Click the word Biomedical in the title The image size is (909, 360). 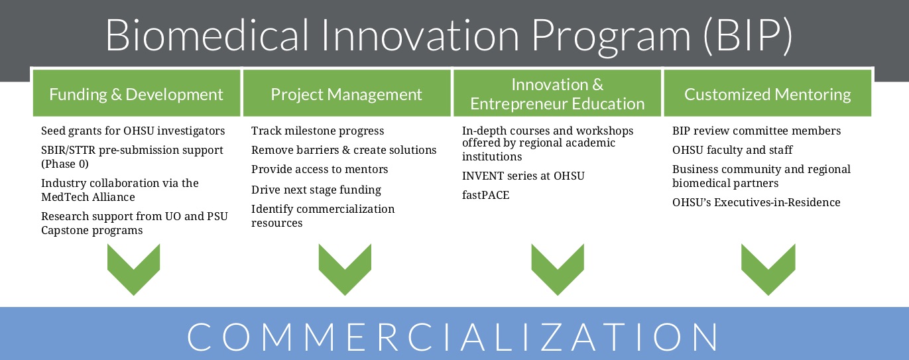coord(208,35)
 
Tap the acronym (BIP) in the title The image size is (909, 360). coord(747,36)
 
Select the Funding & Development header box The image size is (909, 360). coord(137,93)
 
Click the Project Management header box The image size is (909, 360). coord(347,93)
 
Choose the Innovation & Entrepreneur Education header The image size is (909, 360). coord(557,93)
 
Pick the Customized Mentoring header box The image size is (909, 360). coord(767,93)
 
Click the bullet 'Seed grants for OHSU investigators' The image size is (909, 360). coord(133,131)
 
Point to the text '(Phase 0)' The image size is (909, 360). coord(65,164)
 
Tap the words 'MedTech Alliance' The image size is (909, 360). coord(88,198)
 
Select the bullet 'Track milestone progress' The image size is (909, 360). coord(318,131)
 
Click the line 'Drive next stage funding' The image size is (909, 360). coord(316,190)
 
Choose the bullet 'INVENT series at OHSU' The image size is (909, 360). coord(523,176)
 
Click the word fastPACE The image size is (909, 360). coord(485,195)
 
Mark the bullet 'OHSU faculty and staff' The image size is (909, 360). coord(732,150)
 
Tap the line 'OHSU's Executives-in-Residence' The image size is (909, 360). coord(756,202)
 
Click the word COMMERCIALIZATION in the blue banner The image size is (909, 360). coord(452,337)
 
